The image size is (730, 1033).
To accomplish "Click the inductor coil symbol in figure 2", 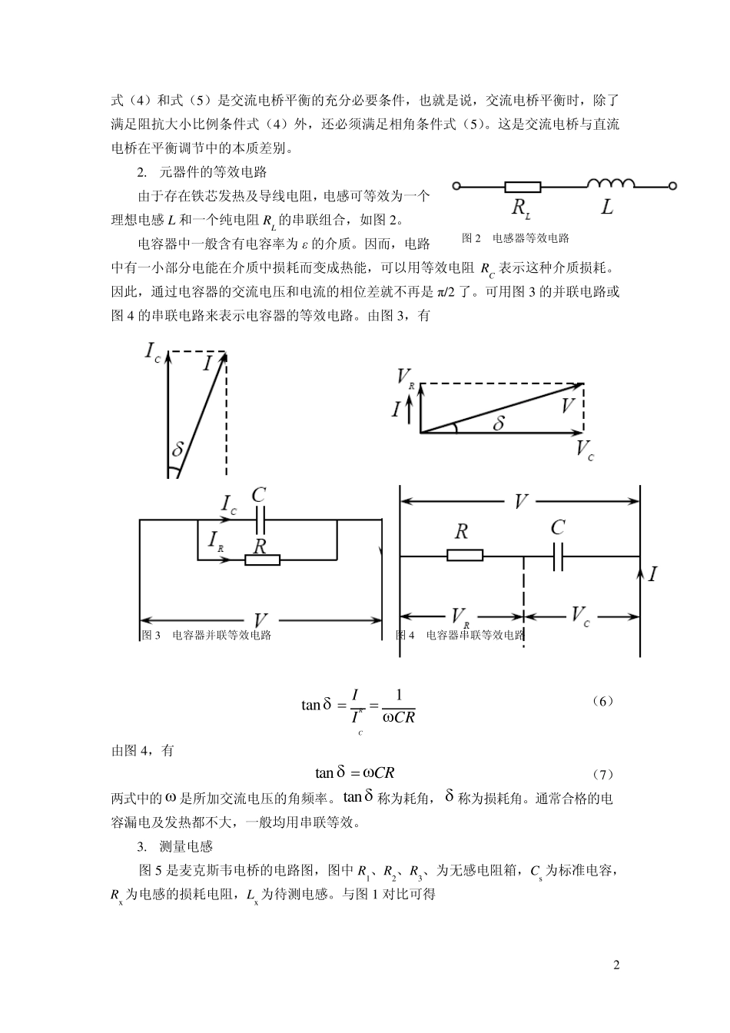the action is [x=611, y=184].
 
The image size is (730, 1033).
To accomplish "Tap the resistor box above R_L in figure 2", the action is [x=523, y=186].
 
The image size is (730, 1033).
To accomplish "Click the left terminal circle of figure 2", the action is [x=457, y=186].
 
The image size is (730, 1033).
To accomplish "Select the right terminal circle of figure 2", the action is [x=672, y=186].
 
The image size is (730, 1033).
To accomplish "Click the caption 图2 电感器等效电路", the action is [x=515, y=238].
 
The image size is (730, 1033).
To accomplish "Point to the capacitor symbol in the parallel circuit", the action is [x=259, y=520].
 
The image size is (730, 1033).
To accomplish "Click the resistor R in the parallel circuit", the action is [x=262, y=560].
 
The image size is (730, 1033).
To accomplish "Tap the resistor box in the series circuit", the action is [x=465, y=555].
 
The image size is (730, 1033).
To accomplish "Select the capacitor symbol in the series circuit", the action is [x=559, y=556].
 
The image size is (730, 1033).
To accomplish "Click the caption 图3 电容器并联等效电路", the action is [x=207, y=636].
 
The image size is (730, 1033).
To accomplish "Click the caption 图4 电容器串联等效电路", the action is [x=460, y=636].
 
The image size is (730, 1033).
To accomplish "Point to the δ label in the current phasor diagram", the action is [x=178, y=450].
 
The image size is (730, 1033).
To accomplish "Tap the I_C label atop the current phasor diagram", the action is [x=153, y=353].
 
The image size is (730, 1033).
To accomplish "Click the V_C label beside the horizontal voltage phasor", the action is [x=585, y=451].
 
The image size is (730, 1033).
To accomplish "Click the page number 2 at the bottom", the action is [x=616, y=965].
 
